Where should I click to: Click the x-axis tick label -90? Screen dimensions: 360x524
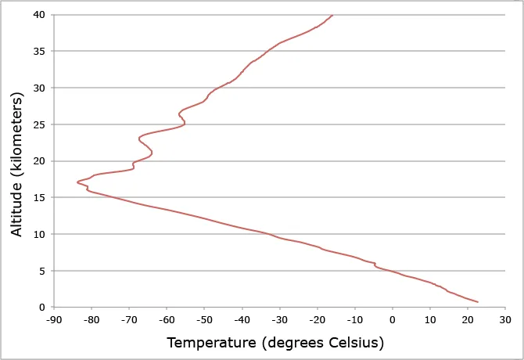pyautogui.click(x=53, y=320)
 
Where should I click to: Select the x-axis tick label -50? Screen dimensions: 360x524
pyautogui.click(x=203, y=320)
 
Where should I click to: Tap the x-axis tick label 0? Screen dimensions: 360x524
pyautogui.click(x=393, y=320)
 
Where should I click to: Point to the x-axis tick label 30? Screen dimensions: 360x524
pyautogui.click(x=504, y=320)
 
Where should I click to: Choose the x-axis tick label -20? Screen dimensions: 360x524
pyautogui.click(x=317, y=320)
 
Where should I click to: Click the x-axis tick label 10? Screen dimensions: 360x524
pyautogui.click(x=429, y=320)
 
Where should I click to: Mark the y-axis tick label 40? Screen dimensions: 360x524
pyautogui.click(x=38, y=15)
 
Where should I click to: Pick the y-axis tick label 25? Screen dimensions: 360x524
pyautogui.click(x=38, y=124)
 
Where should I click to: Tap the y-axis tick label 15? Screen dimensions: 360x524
pyautogui.click(x=38, y=198)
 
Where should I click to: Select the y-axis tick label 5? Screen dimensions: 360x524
pyautogui.click(x=41, y=271)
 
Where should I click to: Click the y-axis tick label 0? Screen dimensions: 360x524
pyautogui.click(x=41, y=308)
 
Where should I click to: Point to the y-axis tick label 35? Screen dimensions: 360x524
pyautogui.click(x=38, y=52)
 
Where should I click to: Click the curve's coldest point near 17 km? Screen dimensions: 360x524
pyautogui.click(x=77, y=182)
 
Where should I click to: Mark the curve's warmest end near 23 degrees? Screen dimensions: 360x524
pyautogui.click(x=478, y=302)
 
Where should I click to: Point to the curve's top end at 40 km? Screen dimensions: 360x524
pyautogui.click(x=332, y=15)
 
